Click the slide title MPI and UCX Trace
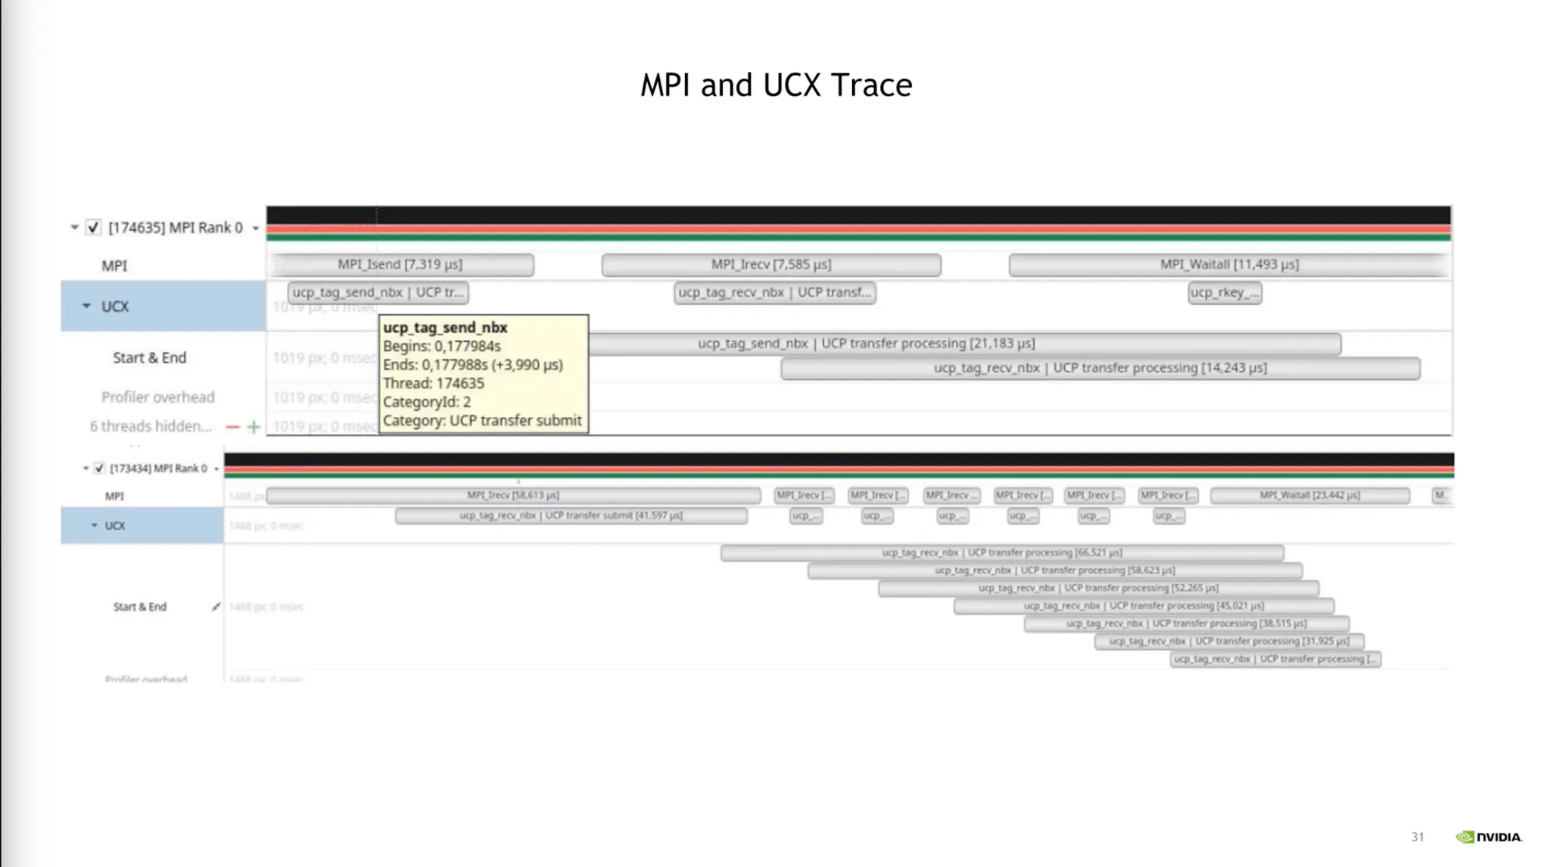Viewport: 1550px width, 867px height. click(776, 85)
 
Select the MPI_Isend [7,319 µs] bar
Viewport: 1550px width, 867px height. click(401, 265)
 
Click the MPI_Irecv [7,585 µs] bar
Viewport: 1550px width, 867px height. click(770, 265)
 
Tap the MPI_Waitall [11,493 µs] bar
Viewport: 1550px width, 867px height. click(1228, 265)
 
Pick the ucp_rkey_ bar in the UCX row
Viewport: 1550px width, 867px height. click(1224, 293)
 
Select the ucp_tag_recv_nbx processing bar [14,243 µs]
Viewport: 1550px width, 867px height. click(1100, 368)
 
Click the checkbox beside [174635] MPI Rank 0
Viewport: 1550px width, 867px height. click(93, 228)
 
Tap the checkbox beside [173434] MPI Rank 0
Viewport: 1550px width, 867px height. click(99, 468)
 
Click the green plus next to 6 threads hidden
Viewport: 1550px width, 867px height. click(254, 427)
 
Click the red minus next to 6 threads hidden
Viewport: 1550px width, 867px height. click(232, 427)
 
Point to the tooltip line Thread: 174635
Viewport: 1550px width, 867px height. click(433, 384)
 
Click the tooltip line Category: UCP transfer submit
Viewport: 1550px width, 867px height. click(482, 421)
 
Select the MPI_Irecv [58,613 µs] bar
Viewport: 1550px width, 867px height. click(512, 496)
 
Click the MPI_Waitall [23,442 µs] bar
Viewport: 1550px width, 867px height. click(1309, 496)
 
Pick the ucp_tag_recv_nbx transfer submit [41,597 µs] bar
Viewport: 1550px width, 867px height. click(571, 516)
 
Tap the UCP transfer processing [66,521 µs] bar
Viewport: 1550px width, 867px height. click(1001, 553)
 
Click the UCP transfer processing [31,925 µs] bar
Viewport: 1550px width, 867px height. click(1228, 642)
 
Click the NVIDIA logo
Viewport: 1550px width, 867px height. click(1488, 837)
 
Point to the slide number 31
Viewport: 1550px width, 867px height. click(1417, 837)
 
